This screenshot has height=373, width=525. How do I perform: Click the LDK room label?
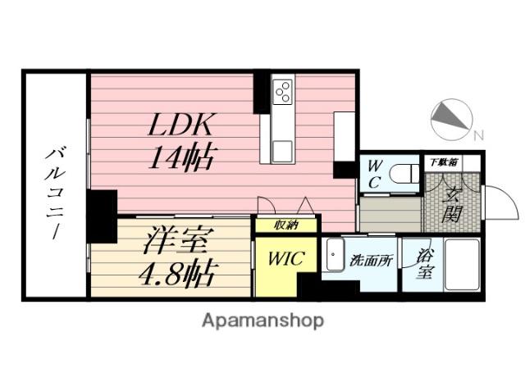pyautogui.click(x=180, y=125)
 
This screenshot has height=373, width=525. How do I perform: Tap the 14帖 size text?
pyautogui.click(x=181, y=158)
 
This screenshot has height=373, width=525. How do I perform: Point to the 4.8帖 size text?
pyautogui.click(x=176, y=273)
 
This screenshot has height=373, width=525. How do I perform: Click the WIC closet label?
pyautogui.click(x=286, y=258)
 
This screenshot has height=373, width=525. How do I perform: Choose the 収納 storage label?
pyautogui.click(x=286, y=225)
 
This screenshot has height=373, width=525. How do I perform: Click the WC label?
pyautogui.click(x=374, y=175)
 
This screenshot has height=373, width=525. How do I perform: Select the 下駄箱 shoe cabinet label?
pyautogui.click(x=443, y=162)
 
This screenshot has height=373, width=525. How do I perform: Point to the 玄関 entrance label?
pyautogui.click(x=452, y=204)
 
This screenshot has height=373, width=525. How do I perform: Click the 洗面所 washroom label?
pyautogui.click(x=371, y=261)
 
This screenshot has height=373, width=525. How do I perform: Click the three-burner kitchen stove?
pyautogui.click(x=283, y=91)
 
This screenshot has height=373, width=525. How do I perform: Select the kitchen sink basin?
pyautogui.click(x=282, y=152)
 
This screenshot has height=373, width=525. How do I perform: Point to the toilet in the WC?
pyautogui.click(x=404, y=175)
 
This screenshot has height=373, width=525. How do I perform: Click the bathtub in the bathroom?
pyautogui.click(x=462, y=265)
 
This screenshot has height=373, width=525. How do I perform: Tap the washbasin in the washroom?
pyautogui.click(x=334, y=255)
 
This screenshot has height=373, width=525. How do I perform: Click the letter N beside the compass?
pyautogui.click(x=479, y=135)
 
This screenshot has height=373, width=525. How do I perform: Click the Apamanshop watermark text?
pyautogui.click(x=263, y=321)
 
